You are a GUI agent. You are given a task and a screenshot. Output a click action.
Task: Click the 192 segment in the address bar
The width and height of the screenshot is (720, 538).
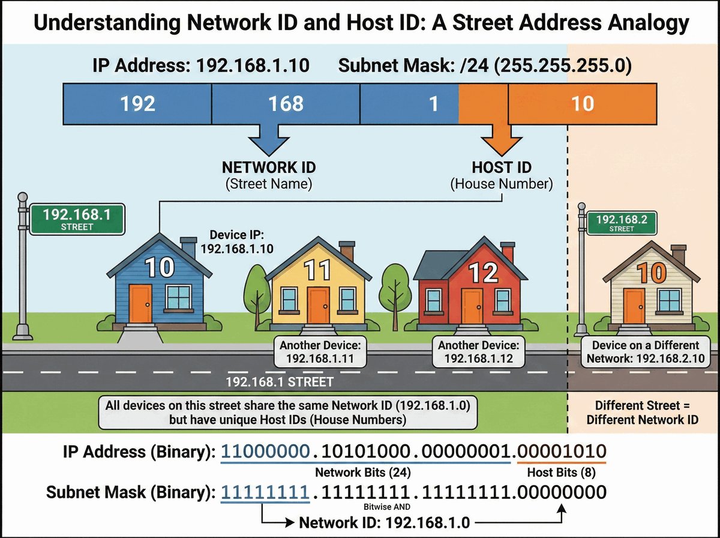pyautogui.click(x=137, y=103)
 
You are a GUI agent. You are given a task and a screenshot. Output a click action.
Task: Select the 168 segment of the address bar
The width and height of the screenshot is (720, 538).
pyautogui.click(x=286, y=103)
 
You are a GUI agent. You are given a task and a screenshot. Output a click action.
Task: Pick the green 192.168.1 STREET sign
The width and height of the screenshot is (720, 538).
pyautogui.click(x=77, y=219)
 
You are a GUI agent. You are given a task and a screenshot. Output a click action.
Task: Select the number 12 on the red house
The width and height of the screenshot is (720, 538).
pyautogui.click(x=484, y=273)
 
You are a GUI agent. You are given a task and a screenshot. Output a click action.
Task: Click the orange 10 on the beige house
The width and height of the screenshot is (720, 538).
pyautogui.click(x=653, y=274)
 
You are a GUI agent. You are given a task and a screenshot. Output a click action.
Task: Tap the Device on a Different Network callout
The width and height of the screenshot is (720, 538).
pyautogui.click(x=645, y=352)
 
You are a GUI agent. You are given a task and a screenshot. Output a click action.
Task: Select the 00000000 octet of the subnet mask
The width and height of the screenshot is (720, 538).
pyautogui.click(x=561, y=494)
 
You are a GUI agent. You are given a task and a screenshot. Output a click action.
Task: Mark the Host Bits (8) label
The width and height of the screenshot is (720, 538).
pyautogui.click(x=560, y=472)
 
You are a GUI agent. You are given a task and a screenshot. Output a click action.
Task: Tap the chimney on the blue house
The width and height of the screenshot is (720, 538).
pyautogui.click(x=188, y=246)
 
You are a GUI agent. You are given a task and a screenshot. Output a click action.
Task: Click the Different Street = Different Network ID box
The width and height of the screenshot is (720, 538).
pyautogui.click(x=643, y=412)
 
